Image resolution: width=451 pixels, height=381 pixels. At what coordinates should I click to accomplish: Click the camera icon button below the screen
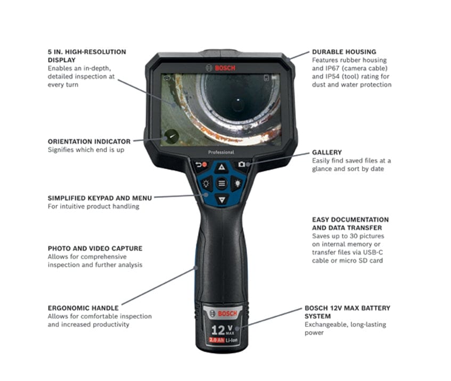pyautogui.click(x=242, y=164)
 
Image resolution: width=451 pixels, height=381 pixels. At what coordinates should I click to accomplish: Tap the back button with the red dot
pyautogui.click(x=201, y=164)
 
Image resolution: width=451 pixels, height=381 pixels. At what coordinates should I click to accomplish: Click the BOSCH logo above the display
pyautogui.click(x=221, y=68)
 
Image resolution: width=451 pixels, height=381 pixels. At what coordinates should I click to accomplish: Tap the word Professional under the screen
pyautogui.click(x=221, y=152)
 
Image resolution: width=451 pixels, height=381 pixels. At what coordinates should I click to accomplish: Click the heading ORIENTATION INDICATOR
pyautogui.click(x=89, y=142)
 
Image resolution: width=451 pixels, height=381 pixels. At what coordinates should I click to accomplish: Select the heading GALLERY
pyautogui.click(x=327, y=152)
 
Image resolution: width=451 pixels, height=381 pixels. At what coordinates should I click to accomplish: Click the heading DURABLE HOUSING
pyautogui.click(x=344, y=52)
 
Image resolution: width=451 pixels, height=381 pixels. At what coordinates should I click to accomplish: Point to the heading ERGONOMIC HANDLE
pyautogui.click(x=83, y=308)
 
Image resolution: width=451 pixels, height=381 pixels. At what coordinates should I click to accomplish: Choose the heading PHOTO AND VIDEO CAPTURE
pyautogui.click(x=95, y=248)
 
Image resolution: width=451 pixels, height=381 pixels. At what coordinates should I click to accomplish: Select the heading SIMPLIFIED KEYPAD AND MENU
pyautogui.click(x=100, y=198)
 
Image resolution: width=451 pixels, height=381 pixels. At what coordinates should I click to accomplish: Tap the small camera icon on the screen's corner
pyautogui.click(x=167, y=78)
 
